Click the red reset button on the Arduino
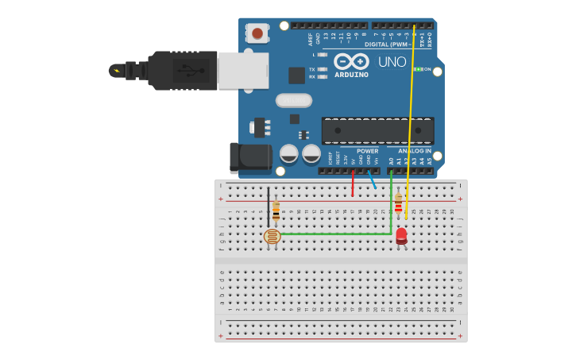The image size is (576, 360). [x=257, y=33]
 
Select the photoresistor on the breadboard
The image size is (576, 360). [x=273, y=236]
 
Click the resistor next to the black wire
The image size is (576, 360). [x=276, y=211]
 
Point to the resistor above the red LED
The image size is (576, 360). [x=398, y=203]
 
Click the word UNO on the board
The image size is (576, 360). [x=392, y=62]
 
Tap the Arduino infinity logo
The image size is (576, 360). [x=351, y=61]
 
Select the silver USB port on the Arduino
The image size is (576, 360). [x=243, y=70]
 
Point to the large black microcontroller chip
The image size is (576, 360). [x=377, y=131]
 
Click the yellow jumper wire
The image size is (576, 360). [x=410, y=119]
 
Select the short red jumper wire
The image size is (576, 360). [x=353, y=184]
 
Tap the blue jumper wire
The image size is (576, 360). [x=372, y=180]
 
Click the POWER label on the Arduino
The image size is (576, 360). [x=367, y=151]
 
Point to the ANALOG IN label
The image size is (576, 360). [x=415, y=151]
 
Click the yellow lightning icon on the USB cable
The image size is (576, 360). [x=117, y=70]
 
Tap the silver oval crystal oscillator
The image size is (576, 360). [x=294, y=100]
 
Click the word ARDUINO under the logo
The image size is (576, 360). [x=351, y=75]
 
